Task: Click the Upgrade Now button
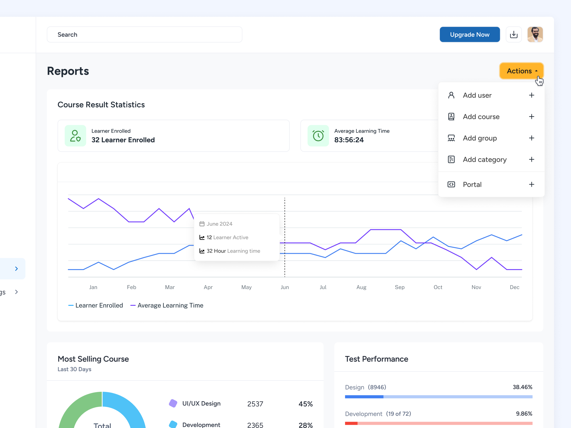pos(469,35)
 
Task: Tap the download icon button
pos(513,35)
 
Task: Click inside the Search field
pos(145,35)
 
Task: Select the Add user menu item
pos(477,95)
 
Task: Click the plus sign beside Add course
pos(531,117)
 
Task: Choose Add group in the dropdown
pos(480,138)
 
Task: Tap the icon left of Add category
pos(451,159)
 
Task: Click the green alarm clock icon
pos(318,136)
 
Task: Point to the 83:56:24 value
pos(349,140)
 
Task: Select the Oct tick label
pos(438,287)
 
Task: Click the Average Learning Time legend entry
pos(170,305)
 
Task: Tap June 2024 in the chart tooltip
pos(219,224)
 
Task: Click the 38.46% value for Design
pos(522,387)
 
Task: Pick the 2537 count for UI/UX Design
pos(255,404)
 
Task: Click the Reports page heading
pos(68,71)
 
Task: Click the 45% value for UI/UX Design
pos(305,404)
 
